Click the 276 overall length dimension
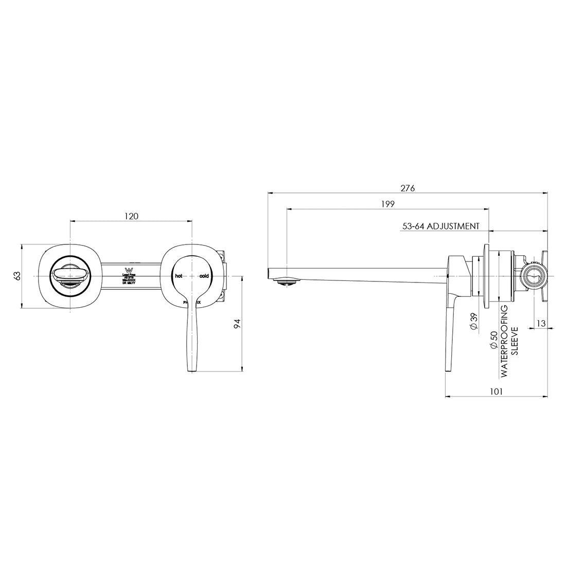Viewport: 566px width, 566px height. click(x=408, y=188)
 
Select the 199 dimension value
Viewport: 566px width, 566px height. click(x=388, y=204)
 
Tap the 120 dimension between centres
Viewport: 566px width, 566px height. click(x=131, y=216)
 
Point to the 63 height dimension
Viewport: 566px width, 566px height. click(x=17, y=276)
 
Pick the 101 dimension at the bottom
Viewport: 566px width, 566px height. click(x=496, y=391)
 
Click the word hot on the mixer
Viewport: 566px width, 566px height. click(x=179, y=276)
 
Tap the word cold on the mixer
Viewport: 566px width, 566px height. click(x=204, y=276)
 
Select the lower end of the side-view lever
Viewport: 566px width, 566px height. click(x=448, y=367)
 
